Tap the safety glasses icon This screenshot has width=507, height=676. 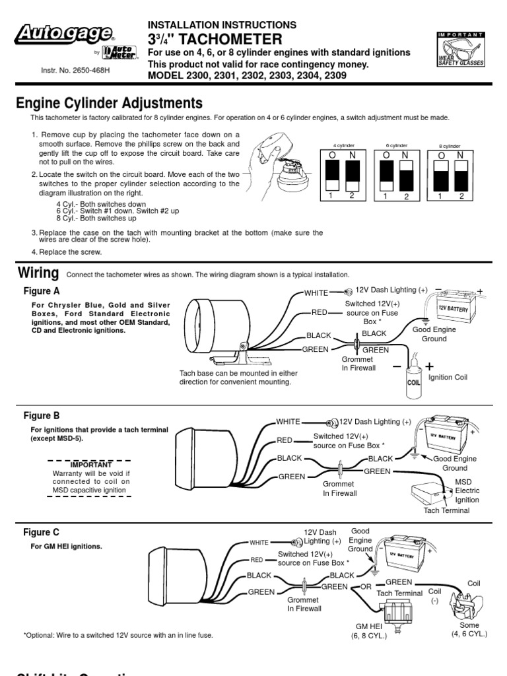460,50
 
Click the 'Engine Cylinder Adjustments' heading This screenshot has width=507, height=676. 108,103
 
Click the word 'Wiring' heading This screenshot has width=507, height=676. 38,273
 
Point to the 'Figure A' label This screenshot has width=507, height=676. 42,290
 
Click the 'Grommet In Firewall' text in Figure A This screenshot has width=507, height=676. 358,364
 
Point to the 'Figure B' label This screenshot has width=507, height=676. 42,416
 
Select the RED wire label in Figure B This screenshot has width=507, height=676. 285,440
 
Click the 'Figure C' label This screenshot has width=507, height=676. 42,532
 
